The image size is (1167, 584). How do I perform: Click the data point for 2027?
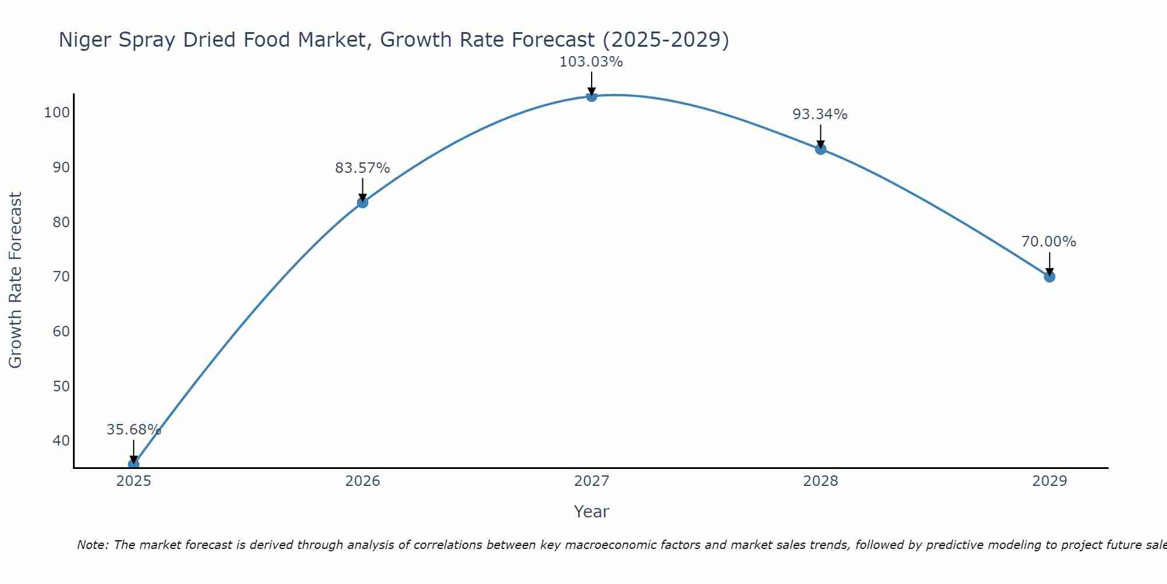click(591, 96)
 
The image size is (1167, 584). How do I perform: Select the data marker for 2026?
click(362, 203)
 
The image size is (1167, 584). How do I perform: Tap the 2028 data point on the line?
click(820, 149)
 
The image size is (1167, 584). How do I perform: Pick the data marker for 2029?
click(1049, 277)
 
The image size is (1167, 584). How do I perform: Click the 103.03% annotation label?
click(591, 62)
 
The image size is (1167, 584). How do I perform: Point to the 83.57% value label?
click(362, 168)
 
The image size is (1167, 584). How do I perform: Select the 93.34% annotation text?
click(820, 114)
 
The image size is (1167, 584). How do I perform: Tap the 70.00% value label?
click(1049, 242)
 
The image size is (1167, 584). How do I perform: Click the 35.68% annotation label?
click(134, 430)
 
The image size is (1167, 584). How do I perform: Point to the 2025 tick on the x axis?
click(134, 481)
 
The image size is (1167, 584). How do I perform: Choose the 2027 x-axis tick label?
click(591, 481)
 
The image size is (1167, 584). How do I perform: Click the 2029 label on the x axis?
click(1049, 481)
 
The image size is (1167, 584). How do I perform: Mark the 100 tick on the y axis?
click(57, 113)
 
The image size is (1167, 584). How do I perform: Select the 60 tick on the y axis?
click(61, 332)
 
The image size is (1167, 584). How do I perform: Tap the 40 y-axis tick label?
click(61, 441)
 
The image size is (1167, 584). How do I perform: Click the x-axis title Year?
click(591, 512)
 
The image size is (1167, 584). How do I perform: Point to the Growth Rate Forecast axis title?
click(15, 280)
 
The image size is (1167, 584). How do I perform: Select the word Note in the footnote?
click(92, 545)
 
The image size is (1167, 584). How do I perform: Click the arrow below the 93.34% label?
click(820, 136)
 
